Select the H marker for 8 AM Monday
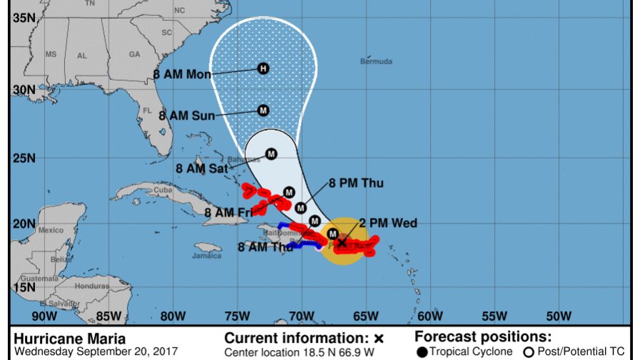pos(263,69)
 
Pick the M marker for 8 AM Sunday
pos(263,110)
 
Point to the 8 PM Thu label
pos(356,184)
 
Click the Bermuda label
pos(376,62)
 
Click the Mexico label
pos(51,230)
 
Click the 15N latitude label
pos(24,286)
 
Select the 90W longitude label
pos(44,316)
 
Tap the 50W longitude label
pos(558,316)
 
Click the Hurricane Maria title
pos(69,339)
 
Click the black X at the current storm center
pos(341,243)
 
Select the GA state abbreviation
pos(134,54)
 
